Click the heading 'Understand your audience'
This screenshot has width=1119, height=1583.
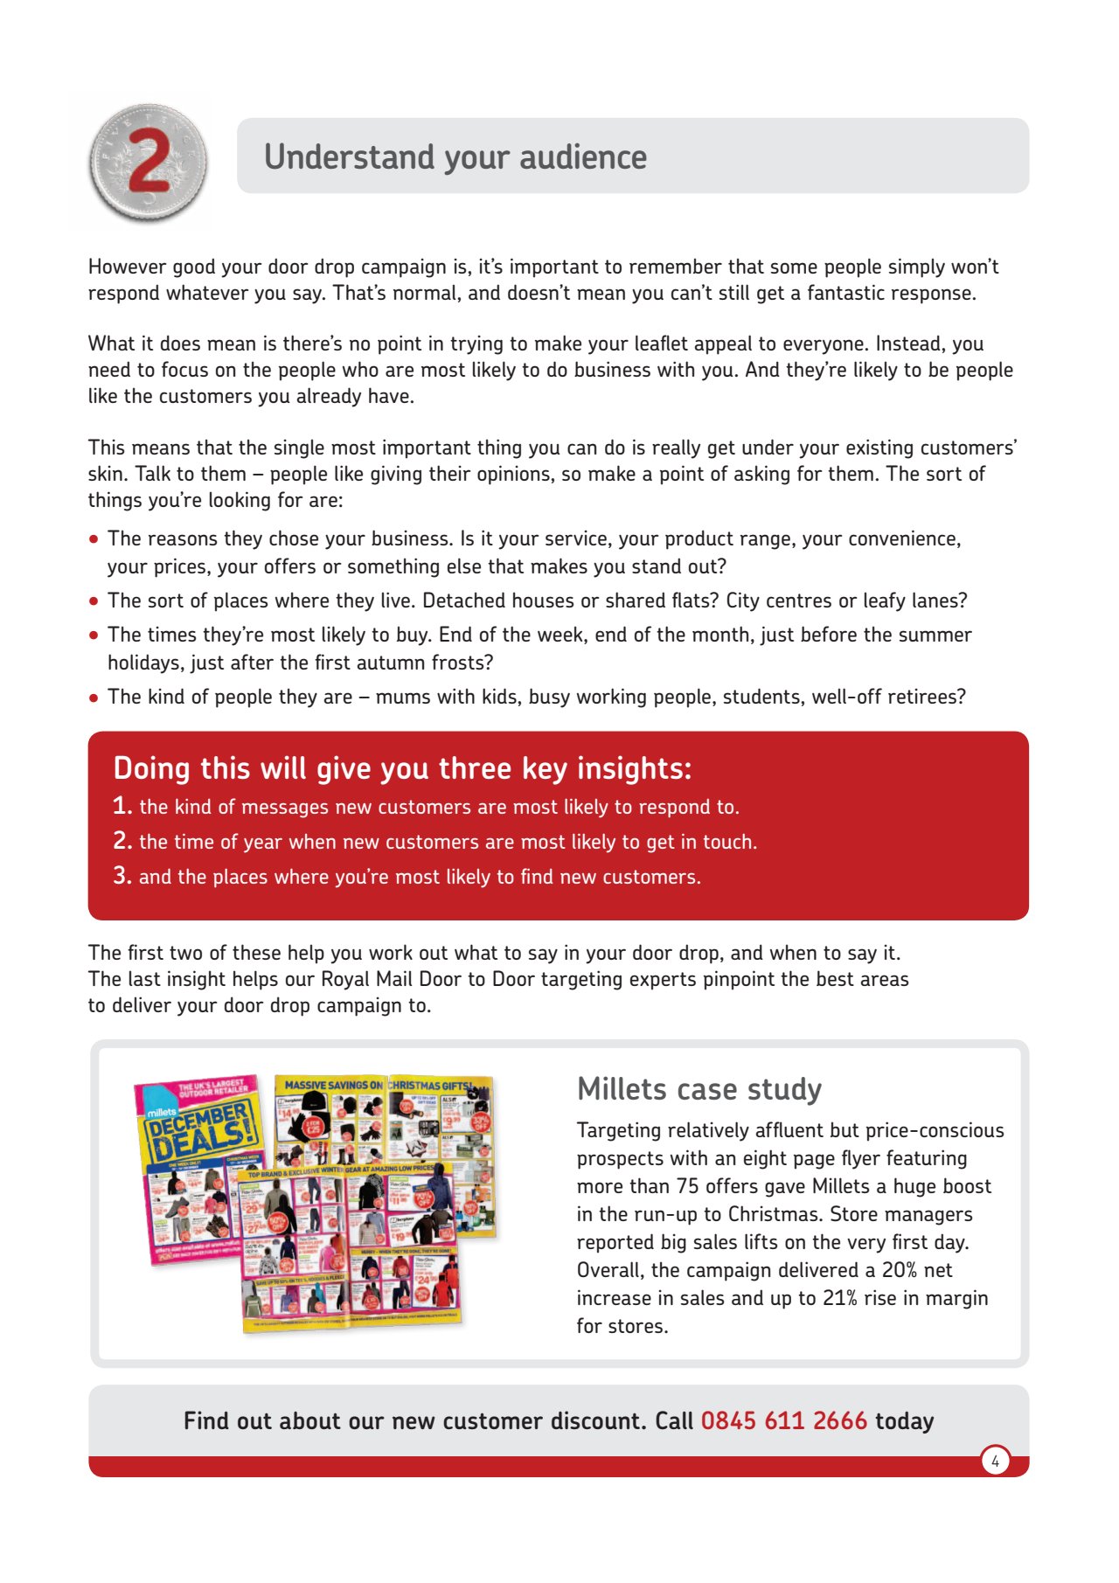click(x=455, y=157)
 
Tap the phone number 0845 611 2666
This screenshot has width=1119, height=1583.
click(x=783, y=1420)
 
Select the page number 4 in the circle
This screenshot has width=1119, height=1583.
click(x=995, y=1461)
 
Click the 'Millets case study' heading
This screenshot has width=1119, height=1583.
click(x=699, y=1089)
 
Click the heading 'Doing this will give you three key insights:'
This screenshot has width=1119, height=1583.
click(x=402, y=768)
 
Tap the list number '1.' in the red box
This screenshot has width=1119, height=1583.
click(x=122, y=806)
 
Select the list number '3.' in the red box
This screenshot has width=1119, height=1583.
click(x=122, y=876)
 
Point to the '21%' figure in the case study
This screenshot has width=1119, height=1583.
click(x=839, y=1298)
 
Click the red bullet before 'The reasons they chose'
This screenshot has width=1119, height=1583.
click(x=94, y=539)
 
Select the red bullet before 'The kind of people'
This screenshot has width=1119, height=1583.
click(x=94, y=698)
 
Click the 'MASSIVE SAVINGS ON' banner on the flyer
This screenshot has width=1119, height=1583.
click(x=333, y=1085)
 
